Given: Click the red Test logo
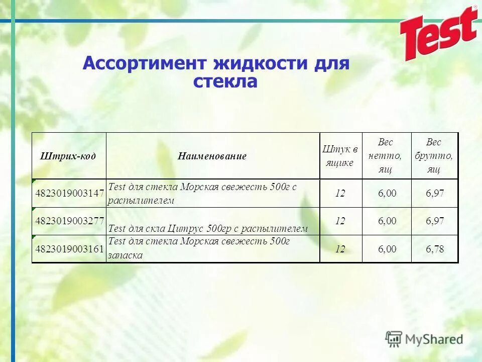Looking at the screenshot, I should pyautogui.click(x=438, y=33).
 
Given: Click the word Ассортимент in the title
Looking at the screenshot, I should pyautogui.click(x=145, y=64).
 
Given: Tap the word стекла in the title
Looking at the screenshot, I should pyautogui.click(x=225, y=81).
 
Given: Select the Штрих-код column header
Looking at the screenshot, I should pyautogui.click(x=68, y=156).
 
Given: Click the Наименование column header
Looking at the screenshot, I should pyautogui.click(x=212, y=156).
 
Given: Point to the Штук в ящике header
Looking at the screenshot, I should pyautogui.click(x=340, y=156).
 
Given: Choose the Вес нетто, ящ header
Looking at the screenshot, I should pyautogui.click(x=386, y=156).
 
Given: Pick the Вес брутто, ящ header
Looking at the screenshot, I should pyautogui.click(x=434, y=156).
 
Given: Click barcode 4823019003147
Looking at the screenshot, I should pyautogui.click(x=69, y=193).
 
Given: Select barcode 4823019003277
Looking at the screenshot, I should pyautogui.click(x=69, y=220).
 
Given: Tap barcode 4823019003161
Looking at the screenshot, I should pyautogui.click(x=69, y=248).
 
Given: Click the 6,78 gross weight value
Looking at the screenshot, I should pyautogui.click(x=435, y=248).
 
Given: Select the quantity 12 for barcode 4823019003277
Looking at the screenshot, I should pyautogui.click(x=340, y=221).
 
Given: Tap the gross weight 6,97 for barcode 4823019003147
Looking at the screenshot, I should pyautogui.click(x=435, y=193).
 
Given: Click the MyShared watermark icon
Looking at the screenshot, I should pyautogui.click(x=394, y=339).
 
